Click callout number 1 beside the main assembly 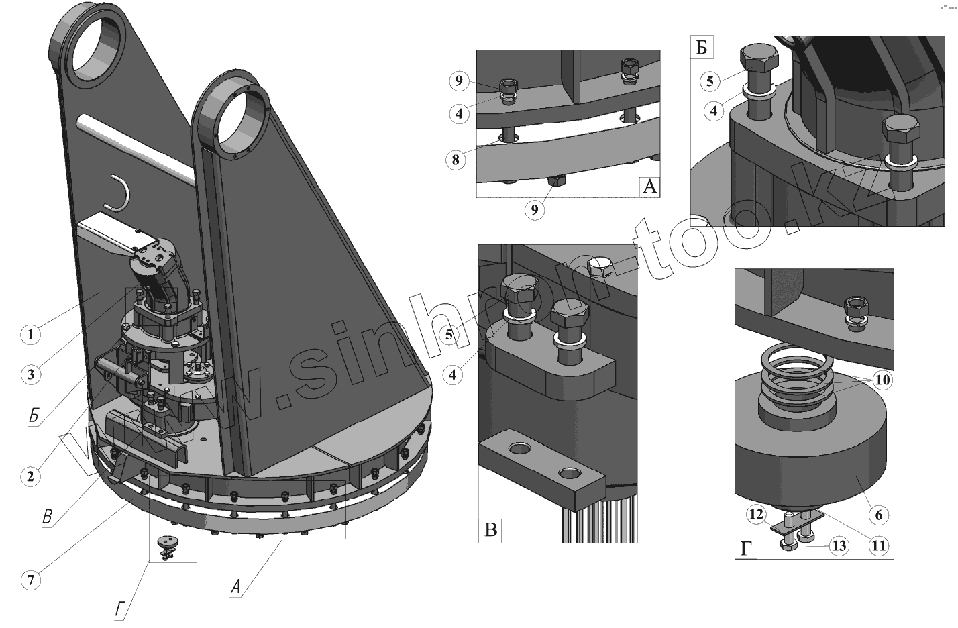[30, 333]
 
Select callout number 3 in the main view [30, 374]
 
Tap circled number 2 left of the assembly [30, 476]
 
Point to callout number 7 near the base [30, 579]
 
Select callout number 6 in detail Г [878, 515]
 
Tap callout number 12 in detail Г [756, 515]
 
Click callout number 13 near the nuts [839, 546]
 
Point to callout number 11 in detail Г [878, 546]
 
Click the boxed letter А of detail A [649, 186]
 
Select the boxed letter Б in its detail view [702, 48]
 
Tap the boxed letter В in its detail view [490, 531]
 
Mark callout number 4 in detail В [453, 374]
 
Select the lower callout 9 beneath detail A [535, 210]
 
